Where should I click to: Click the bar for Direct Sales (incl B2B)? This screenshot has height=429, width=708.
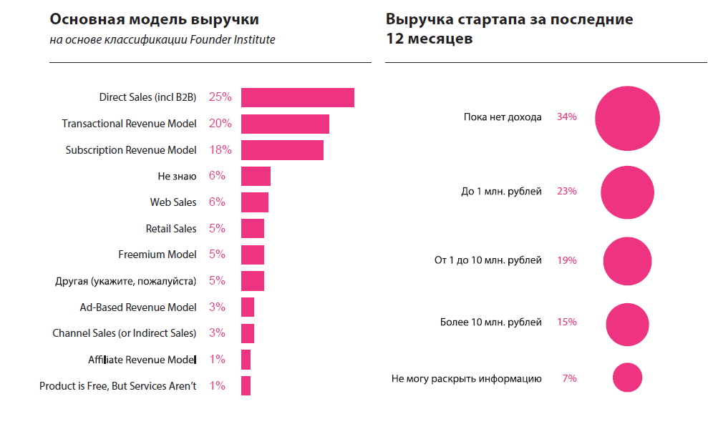point(297,97)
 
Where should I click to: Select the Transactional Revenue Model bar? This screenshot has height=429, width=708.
point(285,124)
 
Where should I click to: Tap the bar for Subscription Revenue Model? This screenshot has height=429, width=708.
point(282,150)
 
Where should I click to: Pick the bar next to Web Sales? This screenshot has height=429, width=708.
point(254,202)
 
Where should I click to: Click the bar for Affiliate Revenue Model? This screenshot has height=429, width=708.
point(246,360)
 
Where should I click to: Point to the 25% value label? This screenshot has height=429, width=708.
point(220,97)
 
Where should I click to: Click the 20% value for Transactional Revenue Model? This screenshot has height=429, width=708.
point(220,124)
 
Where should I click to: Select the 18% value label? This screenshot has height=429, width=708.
point(220,150)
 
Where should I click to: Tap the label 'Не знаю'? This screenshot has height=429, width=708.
point(177,176)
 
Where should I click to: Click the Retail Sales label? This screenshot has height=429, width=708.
point(170,229)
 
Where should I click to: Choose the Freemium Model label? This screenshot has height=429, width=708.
point(157,255)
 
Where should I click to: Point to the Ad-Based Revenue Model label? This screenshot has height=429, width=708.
point(137,307)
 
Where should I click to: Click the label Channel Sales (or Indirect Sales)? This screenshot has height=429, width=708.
point(124,333)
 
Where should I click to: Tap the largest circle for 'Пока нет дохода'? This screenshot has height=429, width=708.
point(627,119)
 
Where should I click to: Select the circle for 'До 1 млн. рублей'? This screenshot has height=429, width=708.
point(627,192)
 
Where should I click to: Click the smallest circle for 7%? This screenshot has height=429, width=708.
point(627,378)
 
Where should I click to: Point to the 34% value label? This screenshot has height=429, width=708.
point(566,117)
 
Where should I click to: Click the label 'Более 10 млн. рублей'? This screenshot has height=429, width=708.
point(490,322)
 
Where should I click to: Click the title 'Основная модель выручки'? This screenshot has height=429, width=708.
point(154,19)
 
